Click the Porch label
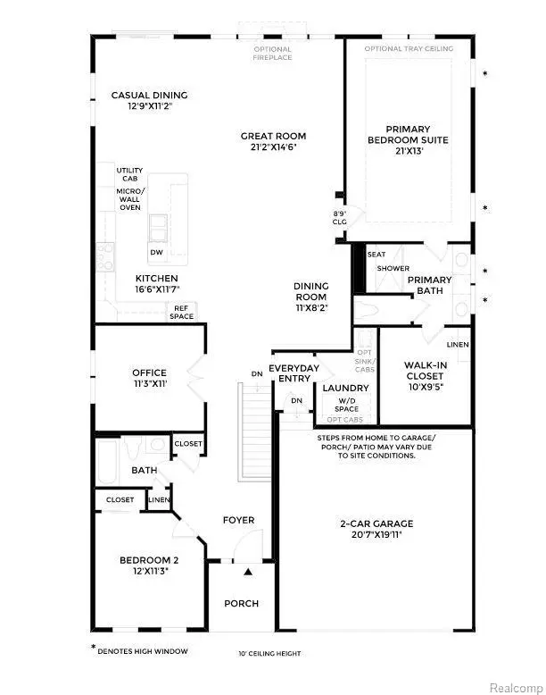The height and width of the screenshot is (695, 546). click(x=241, y=603)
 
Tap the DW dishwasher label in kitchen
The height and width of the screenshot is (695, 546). click(x=156, y=253)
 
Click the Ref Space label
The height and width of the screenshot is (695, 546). click(x=183, y=310)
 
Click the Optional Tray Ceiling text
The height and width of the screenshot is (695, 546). click(x=409, y=48)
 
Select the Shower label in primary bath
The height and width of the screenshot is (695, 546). click(x=393, y=268)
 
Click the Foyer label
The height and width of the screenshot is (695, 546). click(x=238, y=520)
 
